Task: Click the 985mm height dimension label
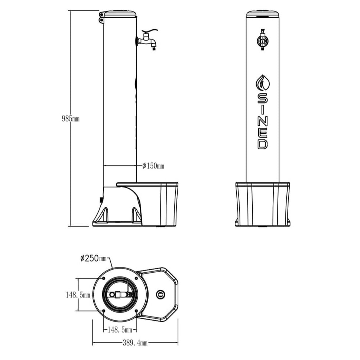pyautogui.click(x=70, y=119)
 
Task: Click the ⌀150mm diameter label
pyautogui.click(x=153, y=166)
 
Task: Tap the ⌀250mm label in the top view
pyautogui.click(x=93, y=258)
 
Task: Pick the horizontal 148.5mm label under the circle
pyautogui.click(x=119, y=330)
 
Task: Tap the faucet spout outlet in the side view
pyautogui.click(x=154, y=48)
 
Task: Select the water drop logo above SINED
pyautogui.click(x=263, y=83)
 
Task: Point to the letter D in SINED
pyautogui.click(x=263, y=144)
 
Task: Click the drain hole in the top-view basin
pyautogui.click(x=160, y=295)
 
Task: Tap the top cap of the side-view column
pyautogui.click(x=120, y=14)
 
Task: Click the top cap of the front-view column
pyautogui.click(x=263, y=14)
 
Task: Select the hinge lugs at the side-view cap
pyautogui.click(x=101, y=17)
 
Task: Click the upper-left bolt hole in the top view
pyautogui.click(x=103, y=278)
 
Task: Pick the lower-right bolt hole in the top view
pyautogui.click(x=136, y=311)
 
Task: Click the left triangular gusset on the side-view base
pyautogui.click(x=104, y=215)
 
